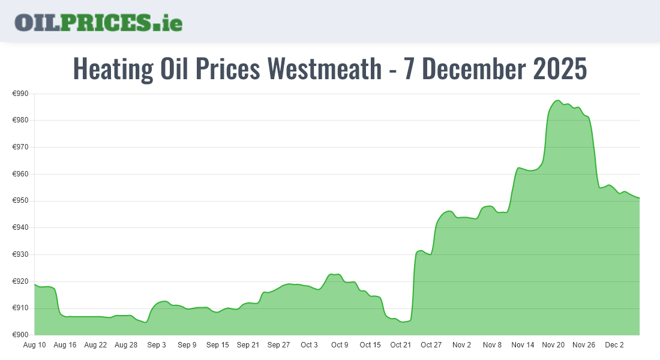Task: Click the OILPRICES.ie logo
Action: tap(98, 22)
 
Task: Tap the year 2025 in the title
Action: tap(559, 69)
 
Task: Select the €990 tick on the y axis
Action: tap(21, 94)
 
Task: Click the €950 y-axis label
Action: tap(21, 201)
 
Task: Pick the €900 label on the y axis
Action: tap(21, 335)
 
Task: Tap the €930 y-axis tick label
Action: tap(21, 254)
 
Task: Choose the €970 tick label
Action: tap(21, 147)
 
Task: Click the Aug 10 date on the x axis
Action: tap(34, 345)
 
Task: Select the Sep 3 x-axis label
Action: tap(157, 345)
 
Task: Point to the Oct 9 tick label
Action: tap(340, 345)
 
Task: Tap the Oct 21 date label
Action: tap(401, 345)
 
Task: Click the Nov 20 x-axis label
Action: tap(553, 345)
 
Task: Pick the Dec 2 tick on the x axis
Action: tap(614, 345)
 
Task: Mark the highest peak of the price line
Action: tap(557, 100)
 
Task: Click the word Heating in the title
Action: tap(112, 69)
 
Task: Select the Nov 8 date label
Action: tap(492, 345)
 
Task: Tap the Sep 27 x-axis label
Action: tap(278, 345)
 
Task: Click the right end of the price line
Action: tap(640, 198)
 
